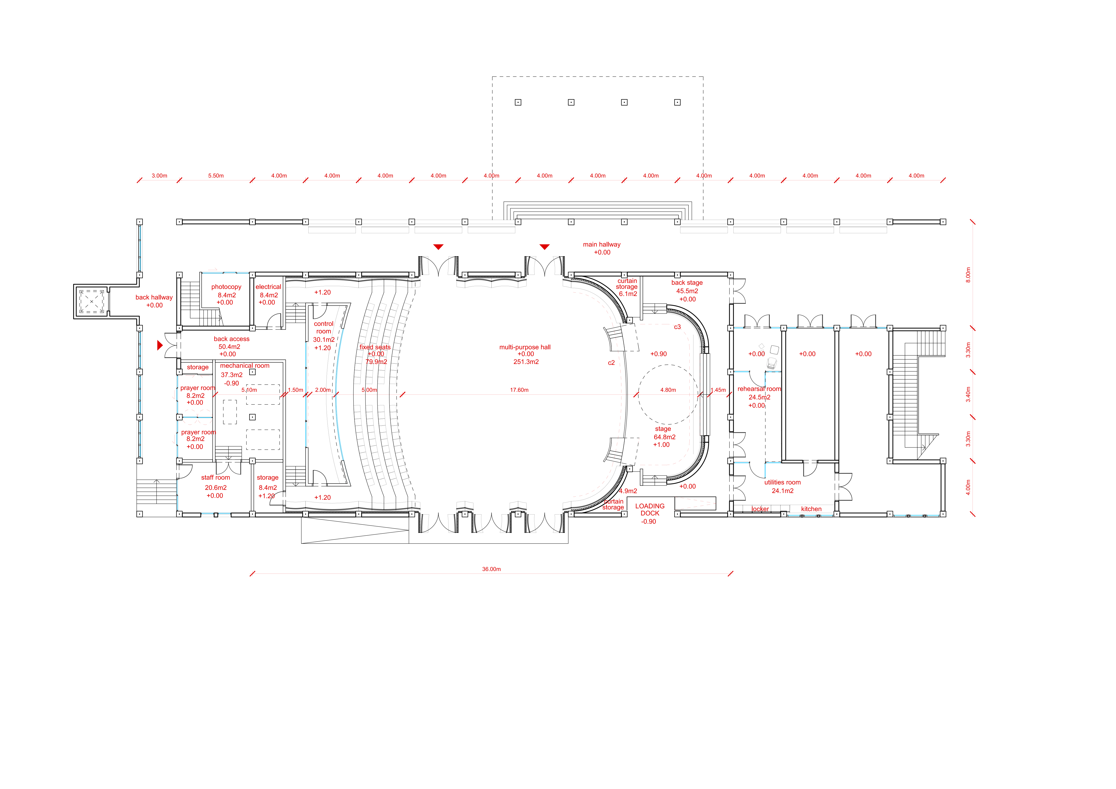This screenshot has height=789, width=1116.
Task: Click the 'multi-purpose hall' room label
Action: point(525,347)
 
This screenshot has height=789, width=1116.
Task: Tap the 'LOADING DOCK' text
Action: point(650,509)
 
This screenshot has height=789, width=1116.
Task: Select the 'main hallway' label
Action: point(602,244)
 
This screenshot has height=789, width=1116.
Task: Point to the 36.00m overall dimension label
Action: point(491,569)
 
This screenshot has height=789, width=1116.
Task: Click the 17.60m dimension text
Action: point(519,390)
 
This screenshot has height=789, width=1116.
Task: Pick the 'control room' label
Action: point(324,327)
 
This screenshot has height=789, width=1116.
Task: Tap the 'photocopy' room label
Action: point(226,287)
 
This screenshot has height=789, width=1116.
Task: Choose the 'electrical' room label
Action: point(268,287)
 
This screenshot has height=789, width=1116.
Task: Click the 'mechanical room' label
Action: point(244,365)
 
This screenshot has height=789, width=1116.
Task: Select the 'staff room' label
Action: point(215,477)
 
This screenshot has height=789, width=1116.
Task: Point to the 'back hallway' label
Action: point(154,297)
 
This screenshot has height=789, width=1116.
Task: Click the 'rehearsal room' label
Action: point(759,389)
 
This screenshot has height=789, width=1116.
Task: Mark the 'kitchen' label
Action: point(811,509)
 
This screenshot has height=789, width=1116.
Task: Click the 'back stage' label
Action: point(687,282)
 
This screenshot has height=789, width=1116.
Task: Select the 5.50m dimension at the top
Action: point(216,175)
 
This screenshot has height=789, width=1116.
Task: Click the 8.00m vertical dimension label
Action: point(968,275)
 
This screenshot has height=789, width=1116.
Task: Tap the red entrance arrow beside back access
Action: point(160,345)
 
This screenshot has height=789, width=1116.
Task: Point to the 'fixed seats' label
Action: point(375,347)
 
